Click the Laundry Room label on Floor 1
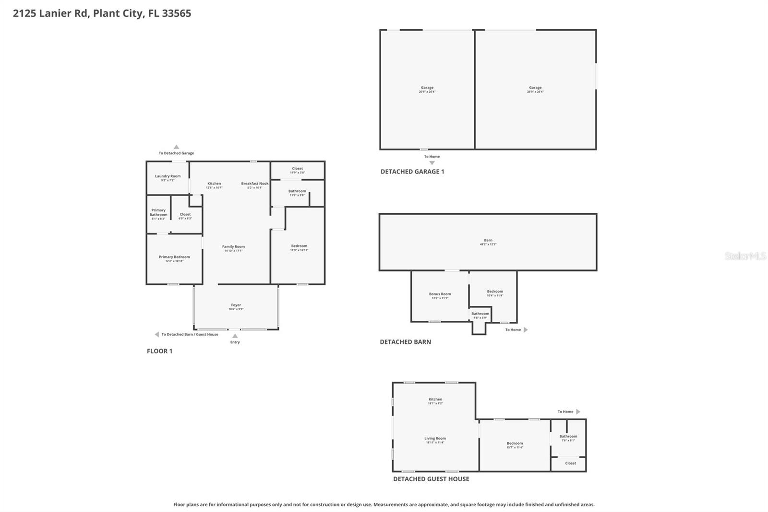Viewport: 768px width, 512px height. click(168, 177)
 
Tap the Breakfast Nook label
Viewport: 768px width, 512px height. click(255, 184)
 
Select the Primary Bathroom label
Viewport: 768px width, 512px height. click(158, 213)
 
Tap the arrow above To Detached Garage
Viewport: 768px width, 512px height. click(176, 147)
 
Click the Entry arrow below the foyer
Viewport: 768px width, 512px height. click(235, 336)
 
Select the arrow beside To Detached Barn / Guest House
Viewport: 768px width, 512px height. click(156, 334)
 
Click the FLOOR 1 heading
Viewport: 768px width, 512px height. click(159, 351)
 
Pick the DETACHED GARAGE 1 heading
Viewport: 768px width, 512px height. click(412, 171)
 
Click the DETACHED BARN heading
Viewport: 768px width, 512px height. click(405, 342)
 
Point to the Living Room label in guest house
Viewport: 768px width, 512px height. click(435, 439)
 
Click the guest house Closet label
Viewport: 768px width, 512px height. click(570, 463)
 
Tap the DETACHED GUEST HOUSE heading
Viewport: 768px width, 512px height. click(431, 479)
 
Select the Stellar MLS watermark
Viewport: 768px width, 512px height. click(745, 256)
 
